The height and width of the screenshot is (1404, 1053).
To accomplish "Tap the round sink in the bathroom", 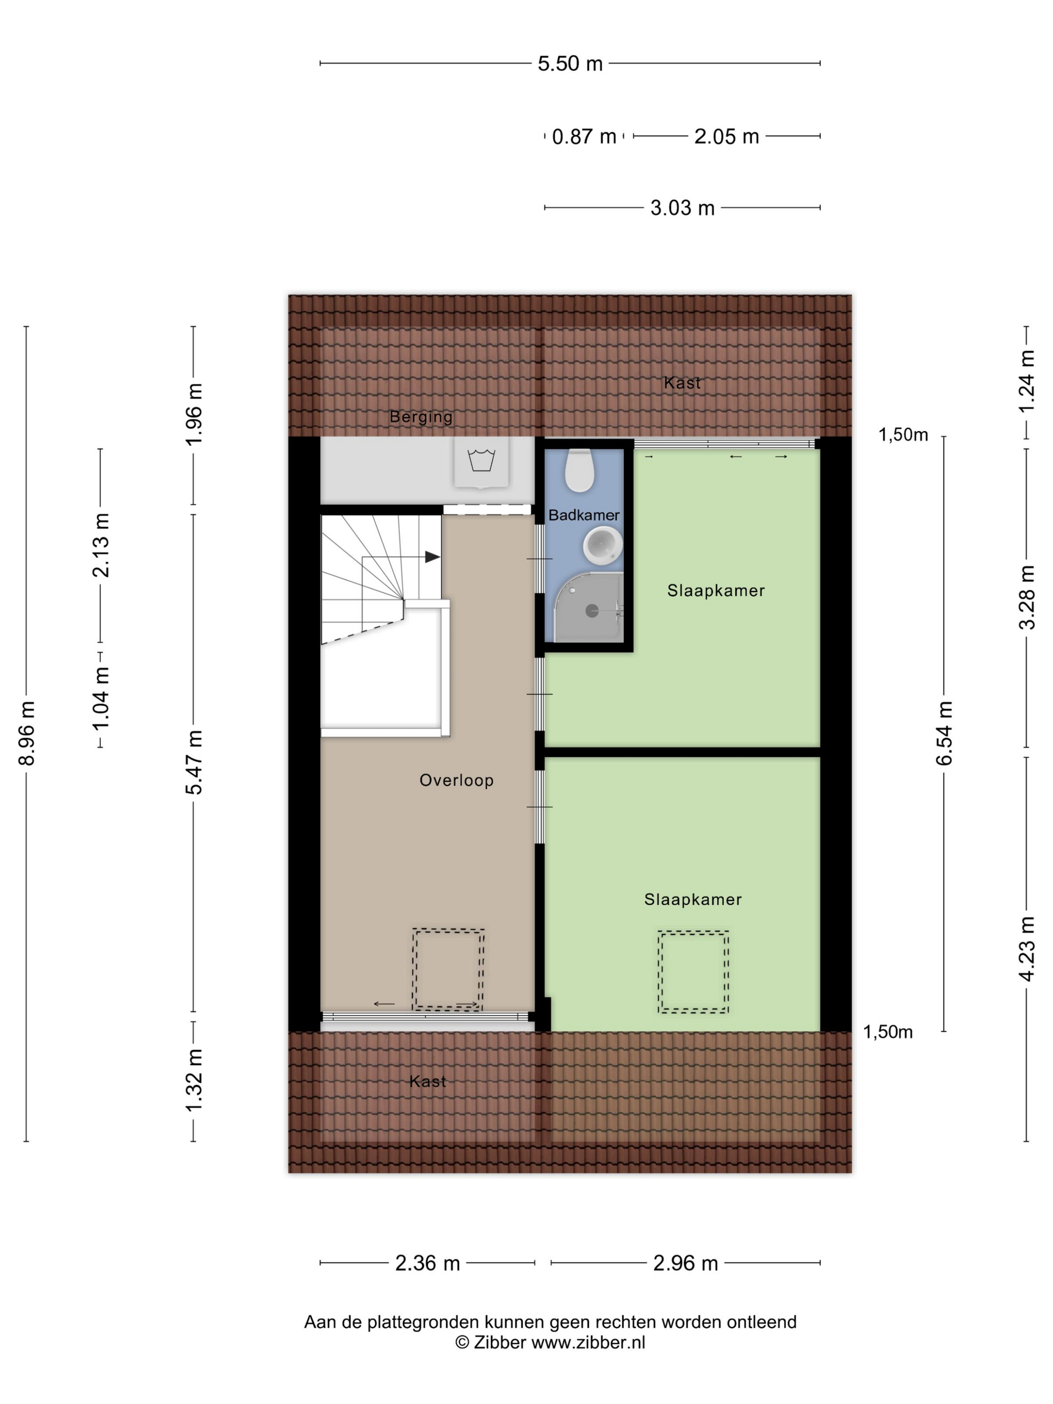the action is click(602, 545).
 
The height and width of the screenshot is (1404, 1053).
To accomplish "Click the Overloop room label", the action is click(456, 780).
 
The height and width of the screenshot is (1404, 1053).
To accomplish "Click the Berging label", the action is click(421, 417).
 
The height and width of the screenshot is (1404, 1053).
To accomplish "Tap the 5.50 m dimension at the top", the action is click(570, 64).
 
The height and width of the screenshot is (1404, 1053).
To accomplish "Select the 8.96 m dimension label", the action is click(27, 733).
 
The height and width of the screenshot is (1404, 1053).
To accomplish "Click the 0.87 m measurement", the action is click(584, 136).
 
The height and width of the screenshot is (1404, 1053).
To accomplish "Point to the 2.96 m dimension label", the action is click(685, 1263).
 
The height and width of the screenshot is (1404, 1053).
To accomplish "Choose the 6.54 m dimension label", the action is click(945, 733).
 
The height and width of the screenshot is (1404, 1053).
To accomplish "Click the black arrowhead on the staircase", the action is click(432, 557).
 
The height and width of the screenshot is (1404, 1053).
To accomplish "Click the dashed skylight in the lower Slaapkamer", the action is click(693, 972).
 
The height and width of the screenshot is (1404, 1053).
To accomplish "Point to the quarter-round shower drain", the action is click(592, 611).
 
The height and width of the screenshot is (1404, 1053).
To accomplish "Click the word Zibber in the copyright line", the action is click(499, 1342).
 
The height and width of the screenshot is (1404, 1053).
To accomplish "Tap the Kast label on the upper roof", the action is click(682, 383).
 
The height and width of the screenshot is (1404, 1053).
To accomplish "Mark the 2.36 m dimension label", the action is click(427, 1263).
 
